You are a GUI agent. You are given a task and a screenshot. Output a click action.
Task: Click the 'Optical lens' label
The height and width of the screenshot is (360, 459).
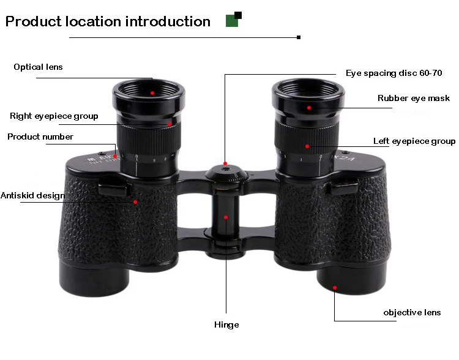pyautogui.click(x=38, y=67)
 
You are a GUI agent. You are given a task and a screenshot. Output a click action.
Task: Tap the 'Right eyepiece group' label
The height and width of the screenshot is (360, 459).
pyautogui.click(x=54, y=116)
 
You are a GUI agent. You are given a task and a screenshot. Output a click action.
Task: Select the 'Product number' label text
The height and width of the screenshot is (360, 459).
pyautogui.click(x=40, y=137)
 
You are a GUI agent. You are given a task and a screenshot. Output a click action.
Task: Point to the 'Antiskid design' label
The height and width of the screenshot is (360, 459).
pyautogui.click(x=32, y=196)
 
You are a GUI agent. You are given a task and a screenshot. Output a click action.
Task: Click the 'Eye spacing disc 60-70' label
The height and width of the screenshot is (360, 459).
pyautogui.click(x=394, y=73)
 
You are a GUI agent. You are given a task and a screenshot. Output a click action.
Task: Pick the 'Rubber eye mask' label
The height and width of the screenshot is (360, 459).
pyautogui.click(x=413, y=98)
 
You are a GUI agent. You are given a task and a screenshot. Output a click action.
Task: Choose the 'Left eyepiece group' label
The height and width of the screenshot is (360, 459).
pyautogui.click(x=414, y=141)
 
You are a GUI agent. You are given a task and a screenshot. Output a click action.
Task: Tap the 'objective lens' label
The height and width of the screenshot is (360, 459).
pyautogui.click(x=412, y=313)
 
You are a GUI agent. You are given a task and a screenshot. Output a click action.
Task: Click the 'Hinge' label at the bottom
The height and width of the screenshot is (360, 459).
pyautogui.click(x=226, y=324)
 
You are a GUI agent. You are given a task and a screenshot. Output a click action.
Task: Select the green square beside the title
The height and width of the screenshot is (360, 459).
pyautogui.click(x=232, y=21)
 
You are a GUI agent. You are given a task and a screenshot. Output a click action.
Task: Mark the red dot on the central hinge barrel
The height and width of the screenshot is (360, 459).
pyautogui.click(x=226, y=217)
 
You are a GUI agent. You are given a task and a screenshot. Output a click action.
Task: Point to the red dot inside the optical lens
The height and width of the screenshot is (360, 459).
pyautogui.click(x=152, y=93)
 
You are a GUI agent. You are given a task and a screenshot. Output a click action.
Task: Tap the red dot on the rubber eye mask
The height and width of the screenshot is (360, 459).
pyautogui.click(x=310, y=108)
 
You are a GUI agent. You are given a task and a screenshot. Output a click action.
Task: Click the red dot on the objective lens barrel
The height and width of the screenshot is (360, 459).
pyautogui.click(x=335, y=287)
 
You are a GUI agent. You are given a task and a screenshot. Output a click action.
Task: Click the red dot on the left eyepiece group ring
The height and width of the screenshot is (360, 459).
pyautogui.click(x=308, y=146)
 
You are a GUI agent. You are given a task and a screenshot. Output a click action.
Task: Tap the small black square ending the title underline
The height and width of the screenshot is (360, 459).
pyautogui.click(x=299, y=37)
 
